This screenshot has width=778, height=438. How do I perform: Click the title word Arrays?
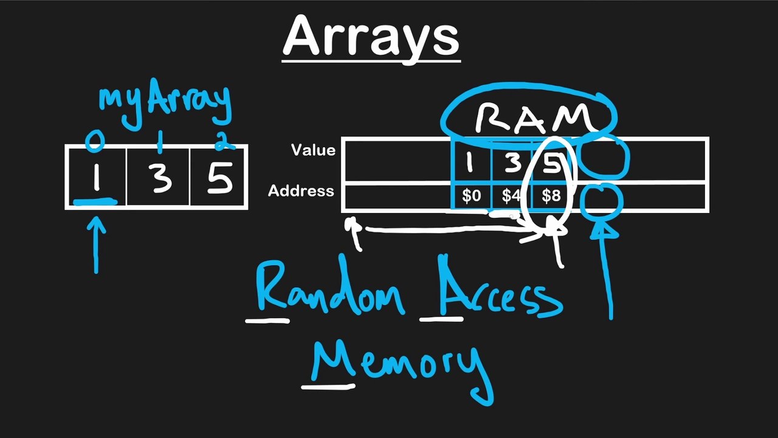tap(371, 36)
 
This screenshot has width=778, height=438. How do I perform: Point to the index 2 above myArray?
tap(223, 141)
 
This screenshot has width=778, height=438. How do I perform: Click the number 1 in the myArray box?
tap(96, 178)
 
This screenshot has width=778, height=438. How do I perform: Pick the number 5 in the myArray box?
tap(219, 178)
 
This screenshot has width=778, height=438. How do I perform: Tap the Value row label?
tap(313, 150)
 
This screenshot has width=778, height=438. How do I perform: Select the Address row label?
tap(301, 191)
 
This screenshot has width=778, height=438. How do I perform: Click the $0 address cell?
tap(471, 196)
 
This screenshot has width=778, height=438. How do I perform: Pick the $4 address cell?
tap(511, 196)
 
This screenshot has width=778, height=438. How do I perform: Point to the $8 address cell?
tap(550, 196)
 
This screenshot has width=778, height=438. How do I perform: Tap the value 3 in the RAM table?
tap(512, 162)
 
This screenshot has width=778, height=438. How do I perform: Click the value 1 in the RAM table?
tap(469, 162)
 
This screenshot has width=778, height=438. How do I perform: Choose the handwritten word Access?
tap(498, 292)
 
